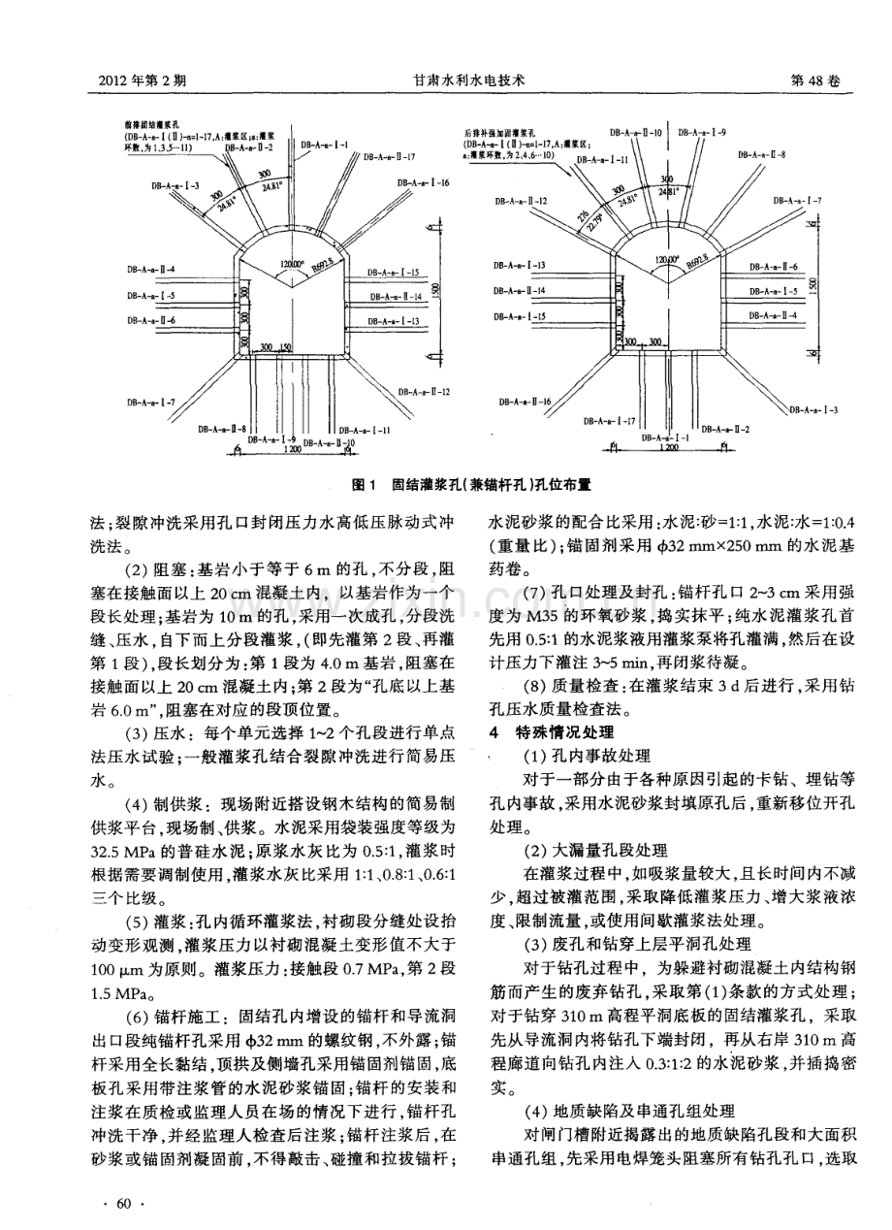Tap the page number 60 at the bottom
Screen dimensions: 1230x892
[122, 1203]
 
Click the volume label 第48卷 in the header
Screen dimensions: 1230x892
[821, 82]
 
